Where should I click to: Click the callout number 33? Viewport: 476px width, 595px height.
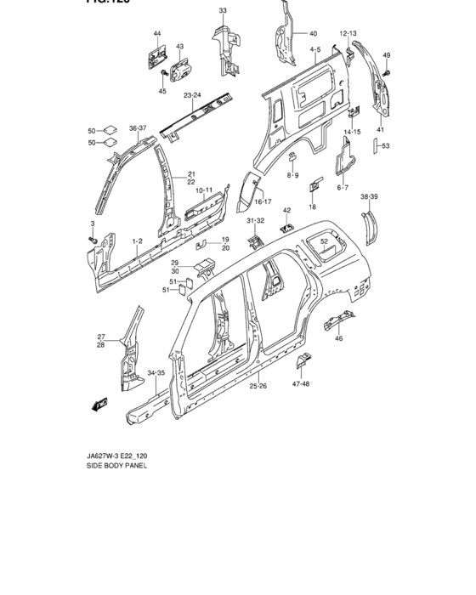223,10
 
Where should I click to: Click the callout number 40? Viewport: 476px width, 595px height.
313,33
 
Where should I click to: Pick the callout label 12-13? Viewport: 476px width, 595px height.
348,33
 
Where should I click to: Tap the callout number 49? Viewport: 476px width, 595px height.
386,56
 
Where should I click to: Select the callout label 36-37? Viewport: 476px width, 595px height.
138,128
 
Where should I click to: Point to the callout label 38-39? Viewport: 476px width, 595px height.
370,196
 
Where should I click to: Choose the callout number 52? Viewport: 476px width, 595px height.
324,241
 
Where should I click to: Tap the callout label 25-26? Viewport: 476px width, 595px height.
258,387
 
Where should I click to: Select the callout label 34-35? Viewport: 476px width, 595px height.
156,372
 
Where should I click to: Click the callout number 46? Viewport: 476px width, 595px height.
339,338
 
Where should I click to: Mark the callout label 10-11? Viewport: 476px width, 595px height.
203,191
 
